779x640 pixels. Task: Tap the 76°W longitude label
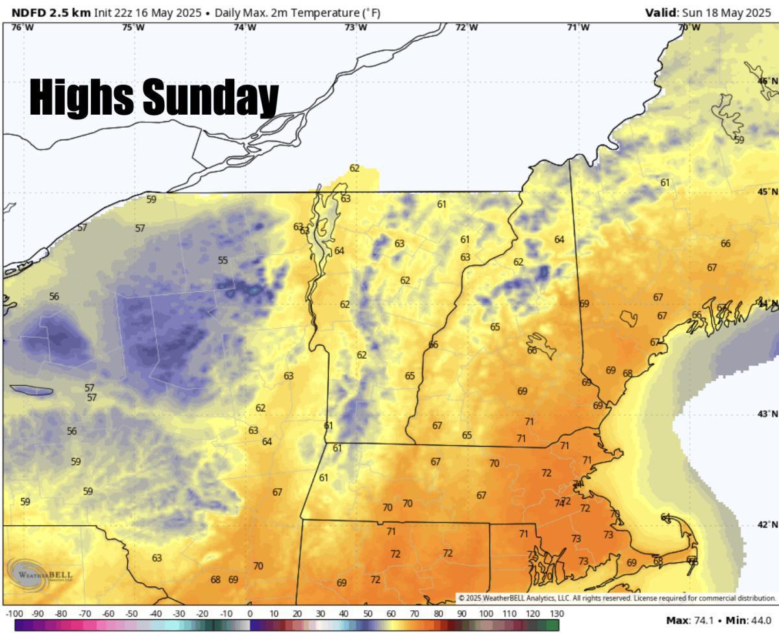click(x=23, y=27)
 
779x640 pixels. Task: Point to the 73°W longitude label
click(x=355, y=27)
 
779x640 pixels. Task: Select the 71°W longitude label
click(x=578, y=27)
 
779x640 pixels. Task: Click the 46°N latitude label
click(x=767, y=81)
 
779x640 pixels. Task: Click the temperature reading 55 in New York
click(x=223, y=261)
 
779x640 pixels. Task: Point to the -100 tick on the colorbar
click(x=14, y=613)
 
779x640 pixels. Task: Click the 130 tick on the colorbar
click(x=556, y=613)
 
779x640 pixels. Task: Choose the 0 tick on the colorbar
click(x=250, y=613)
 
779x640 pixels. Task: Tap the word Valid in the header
click(x=660, y=12)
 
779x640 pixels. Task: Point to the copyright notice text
click(x=617, y=598)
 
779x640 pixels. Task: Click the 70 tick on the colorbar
click(x=415, y=613)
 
